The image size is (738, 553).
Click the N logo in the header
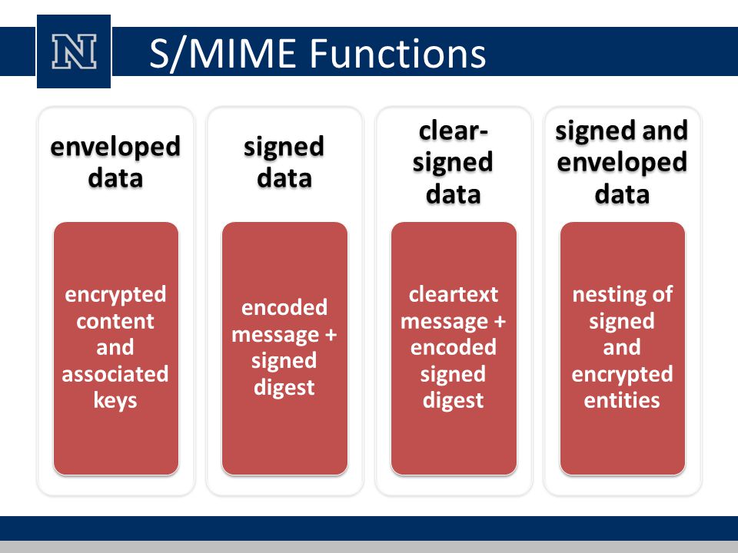(74, 51)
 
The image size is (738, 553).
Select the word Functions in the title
(397, 53)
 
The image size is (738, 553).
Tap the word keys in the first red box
(115, 401)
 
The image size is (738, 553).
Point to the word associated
(115, 374)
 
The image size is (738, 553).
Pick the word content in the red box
(115, 322)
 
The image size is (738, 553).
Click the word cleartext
(454, 295)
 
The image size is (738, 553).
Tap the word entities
(622, 401)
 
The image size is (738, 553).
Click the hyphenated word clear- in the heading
(453, 131)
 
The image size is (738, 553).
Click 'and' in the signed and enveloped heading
(664, 131)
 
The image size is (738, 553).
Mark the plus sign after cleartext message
(500, 322)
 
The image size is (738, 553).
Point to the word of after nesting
(662, 295)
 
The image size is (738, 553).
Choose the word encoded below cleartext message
(454, 348)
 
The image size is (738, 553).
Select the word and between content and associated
(115, 348)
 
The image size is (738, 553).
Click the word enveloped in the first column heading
(115, 147)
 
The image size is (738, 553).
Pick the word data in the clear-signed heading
(454, 194)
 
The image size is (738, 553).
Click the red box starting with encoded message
(284, 349)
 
